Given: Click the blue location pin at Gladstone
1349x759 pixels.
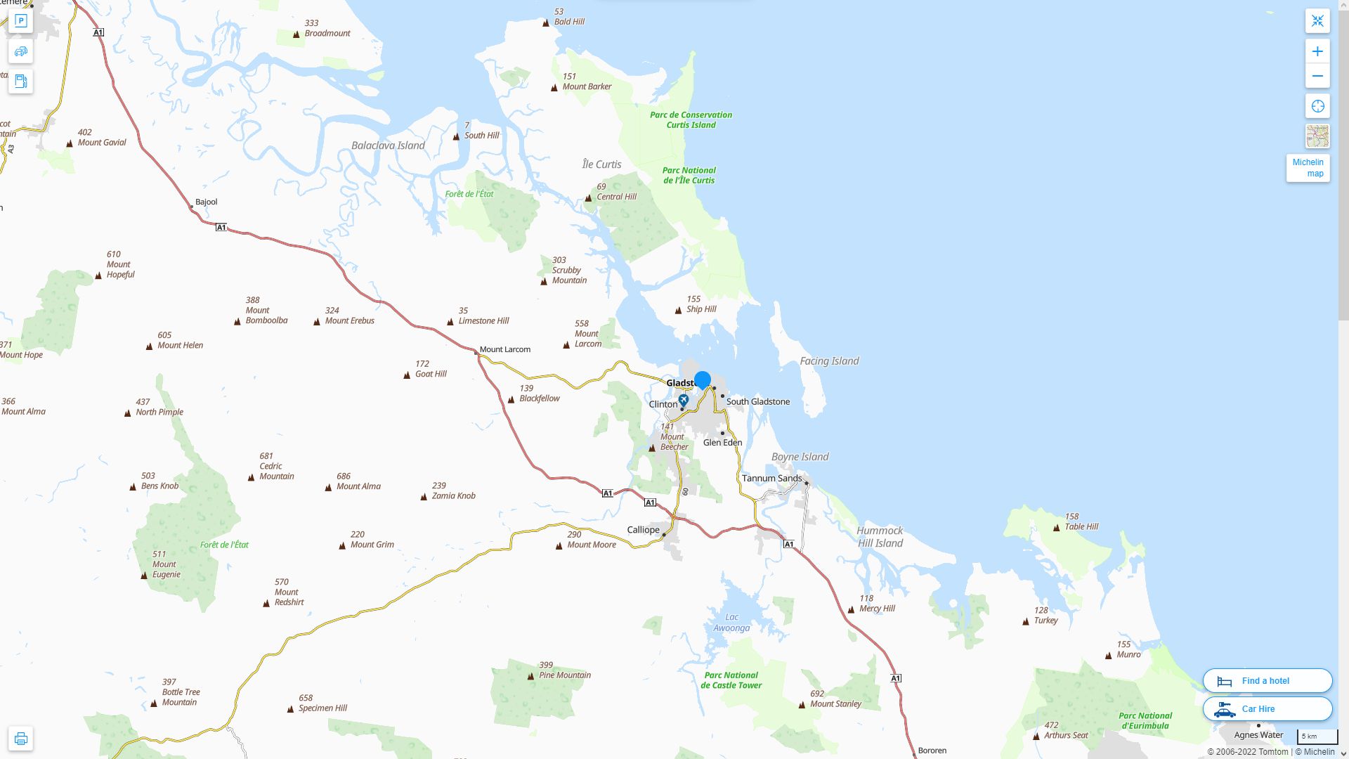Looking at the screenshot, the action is click(x=702, y=379).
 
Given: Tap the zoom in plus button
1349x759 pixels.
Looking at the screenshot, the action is click(x=1317, y=51).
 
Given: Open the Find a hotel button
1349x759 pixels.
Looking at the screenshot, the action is click(x=1267, y=680).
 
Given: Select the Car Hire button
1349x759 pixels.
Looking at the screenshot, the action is click(x=1267, y=708).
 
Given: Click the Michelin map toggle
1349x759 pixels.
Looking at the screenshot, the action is click(x=1308, y=168).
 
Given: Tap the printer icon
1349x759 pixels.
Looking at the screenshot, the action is click(x=20, y=739).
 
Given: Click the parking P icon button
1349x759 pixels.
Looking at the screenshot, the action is click(x=20, y=21).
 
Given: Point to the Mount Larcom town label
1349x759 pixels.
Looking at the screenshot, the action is click(x=504, y=349).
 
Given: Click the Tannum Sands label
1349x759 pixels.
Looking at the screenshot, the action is click(x=771, y=479).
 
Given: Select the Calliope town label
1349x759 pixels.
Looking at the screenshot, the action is click(x=643, y=530).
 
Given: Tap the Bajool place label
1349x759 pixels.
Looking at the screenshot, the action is click(x=206, y=202).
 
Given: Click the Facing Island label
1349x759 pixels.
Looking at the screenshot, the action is click(x=829, y=361).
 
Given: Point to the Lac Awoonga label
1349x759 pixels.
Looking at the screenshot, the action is click(x=731, y=623).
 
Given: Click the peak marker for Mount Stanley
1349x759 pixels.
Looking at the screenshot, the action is click(x=802, y=705).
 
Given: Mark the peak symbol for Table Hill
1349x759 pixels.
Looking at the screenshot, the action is click(x=1057, y=528).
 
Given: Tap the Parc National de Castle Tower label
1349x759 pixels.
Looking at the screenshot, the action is click(x=731, y=680).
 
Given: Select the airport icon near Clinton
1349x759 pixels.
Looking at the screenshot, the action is click(x=683, y=400).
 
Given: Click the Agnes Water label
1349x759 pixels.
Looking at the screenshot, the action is click(x=1258, y=735).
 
